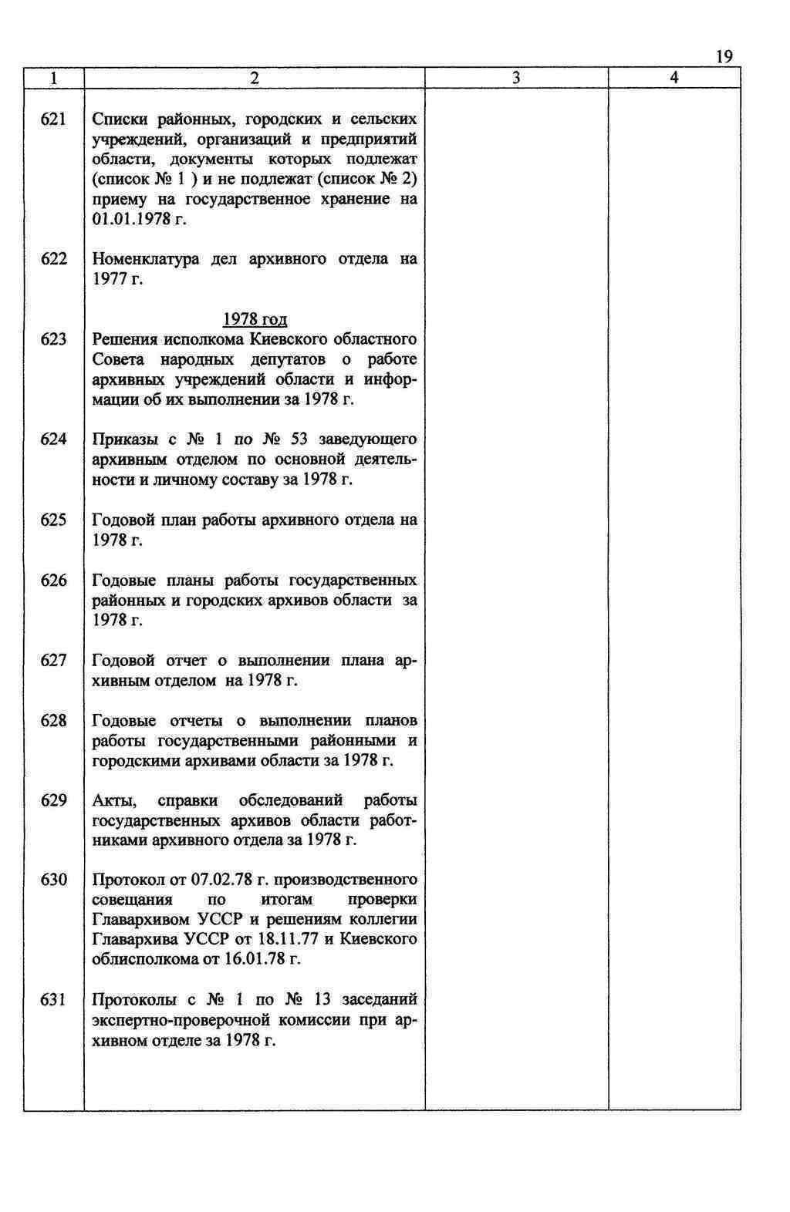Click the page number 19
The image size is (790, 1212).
coord(723,56)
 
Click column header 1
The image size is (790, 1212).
coord(53,78)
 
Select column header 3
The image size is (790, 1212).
coord(516,78)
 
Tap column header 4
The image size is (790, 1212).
coord(674,78)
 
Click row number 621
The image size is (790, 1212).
coord(53,120)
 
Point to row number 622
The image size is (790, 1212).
coord(53,259)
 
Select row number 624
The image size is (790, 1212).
coord(53,439)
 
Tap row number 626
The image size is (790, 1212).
coord(53,581)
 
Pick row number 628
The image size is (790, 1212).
coord(53,721)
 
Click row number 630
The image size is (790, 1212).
coord(53,880)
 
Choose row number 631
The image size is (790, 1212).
coord(53,1000)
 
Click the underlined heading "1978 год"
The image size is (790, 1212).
coord(255,319)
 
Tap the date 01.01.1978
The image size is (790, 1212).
coord(130,220)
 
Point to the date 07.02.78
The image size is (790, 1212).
coord(221,880)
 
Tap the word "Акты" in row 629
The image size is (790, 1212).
coord(113,800)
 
